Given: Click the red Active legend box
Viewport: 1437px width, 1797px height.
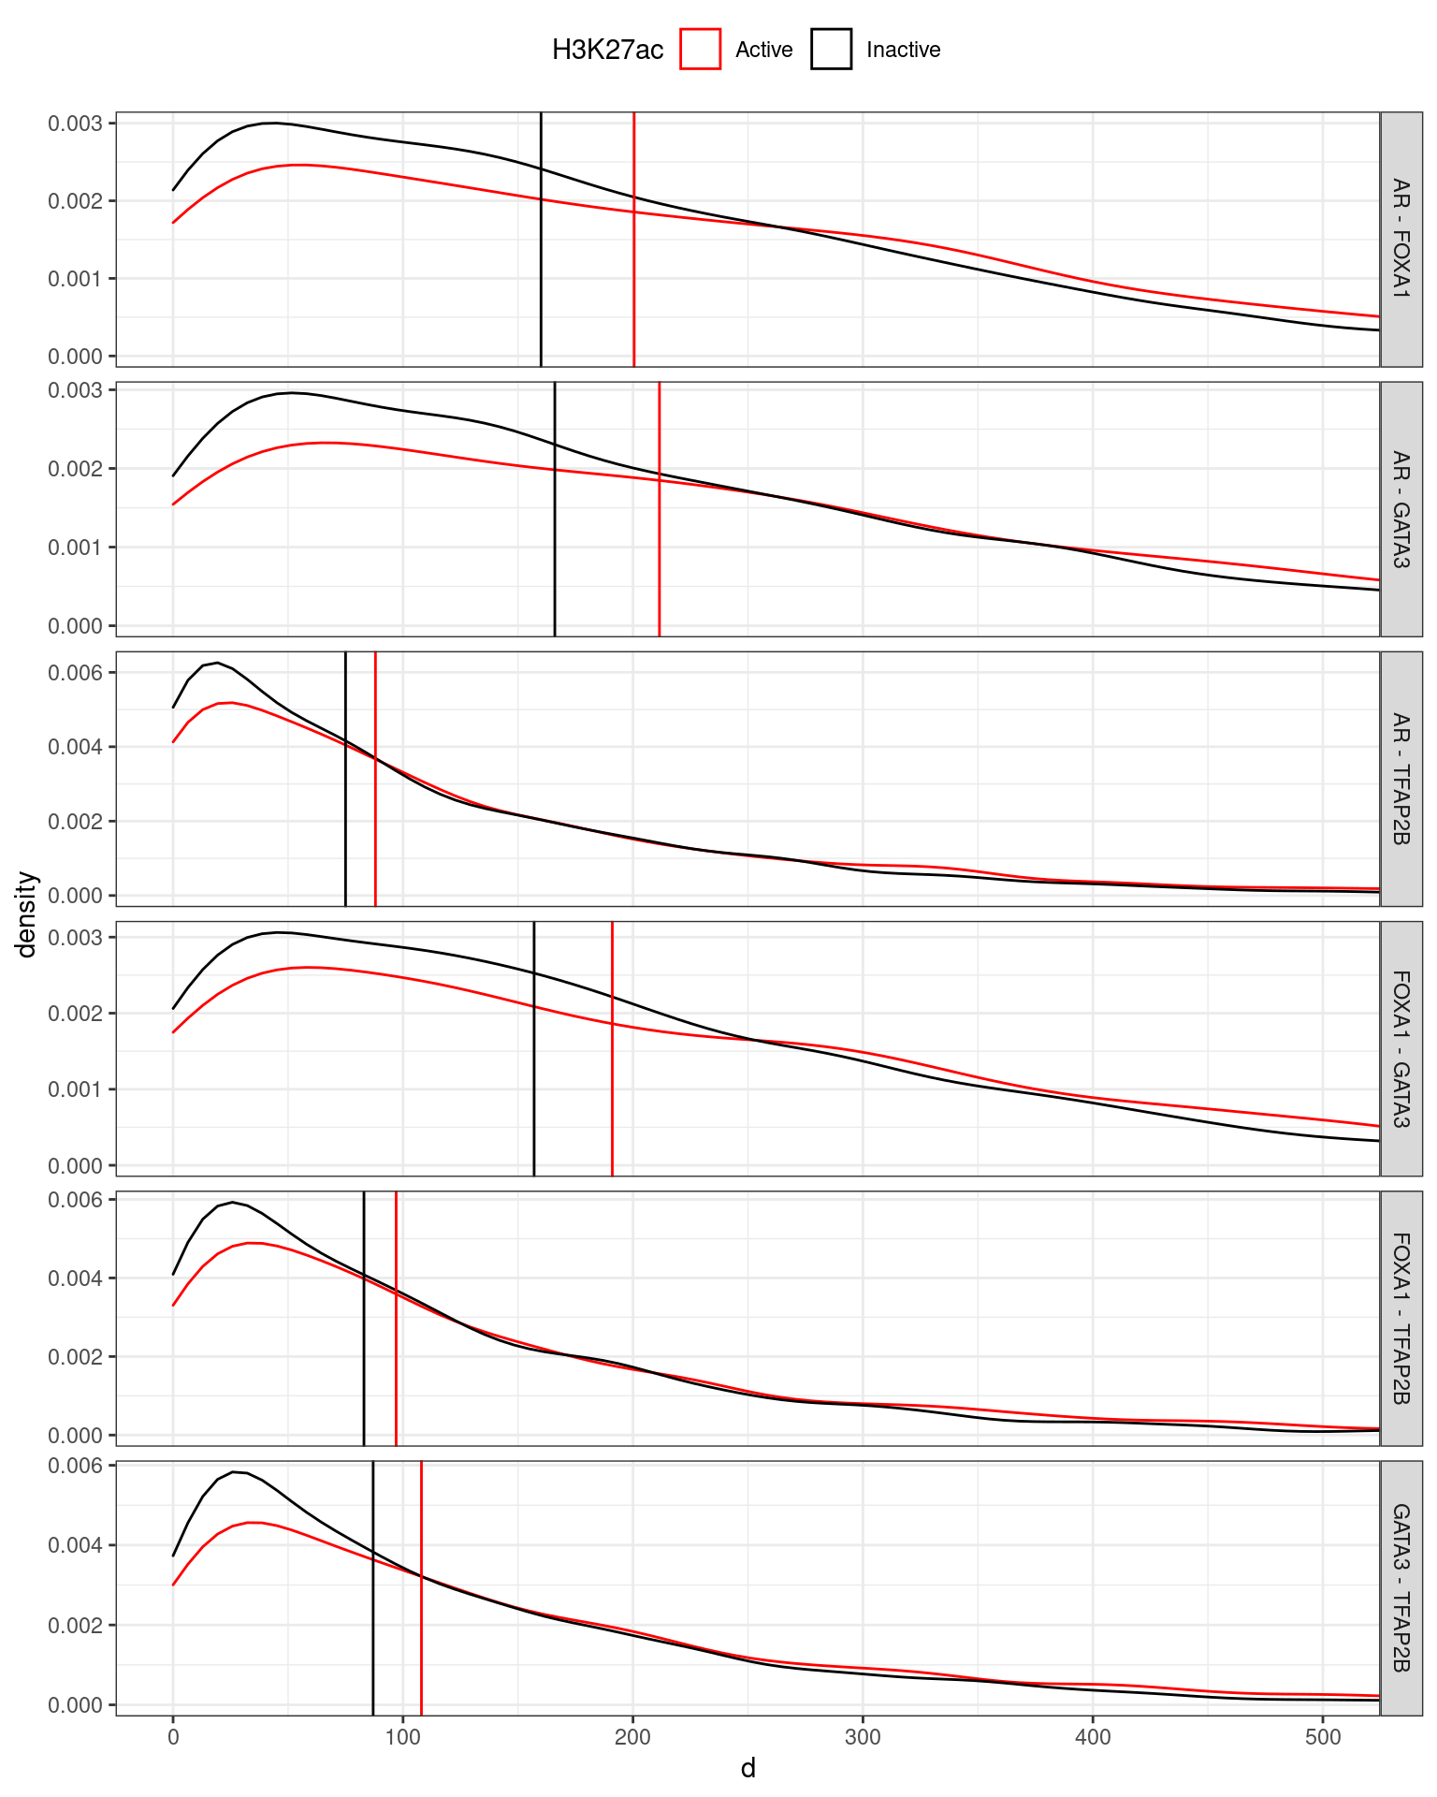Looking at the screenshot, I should [x=700, y=50].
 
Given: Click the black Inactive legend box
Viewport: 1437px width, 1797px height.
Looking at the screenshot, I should [x=831, y=50].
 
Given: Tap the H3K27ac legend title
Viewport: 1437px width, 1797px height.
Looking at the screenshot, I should [x=607, y=50].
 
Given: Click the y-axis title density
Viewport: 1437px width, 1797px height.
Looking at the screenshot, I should [x=27, y=914].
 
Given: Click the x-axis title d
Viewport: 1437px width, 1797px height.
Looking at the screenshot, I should [x=748, y=1768].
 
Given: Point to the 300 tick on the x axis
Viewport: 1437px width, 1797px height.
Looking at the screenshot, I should [x=863, y=1737].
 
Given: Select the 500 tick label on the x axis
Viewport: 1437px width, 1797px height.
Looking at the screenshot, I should [x=1323, y=1737].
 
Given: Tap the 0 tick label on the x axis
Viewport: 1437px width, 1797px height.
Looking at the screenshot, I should [x=173, y=1737].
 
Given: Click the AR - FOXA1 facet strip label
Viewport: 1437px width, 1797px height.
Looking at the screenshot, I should [x=1401, y=239].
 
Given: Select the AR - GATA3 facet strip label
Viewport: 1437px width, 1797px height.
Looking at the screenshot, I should [x=1401, y=509].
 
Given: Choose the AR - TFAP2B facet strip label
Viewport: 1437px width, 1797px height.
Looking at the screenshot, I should [x=1401, y=779].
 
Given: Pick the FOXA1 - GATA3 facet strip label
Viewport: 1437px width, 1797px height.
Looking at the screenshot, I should [x=1401, y=1048].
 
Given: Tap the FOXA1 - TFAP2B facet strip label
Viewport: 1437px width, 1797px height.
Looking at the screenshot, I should [x=1401, y=1318].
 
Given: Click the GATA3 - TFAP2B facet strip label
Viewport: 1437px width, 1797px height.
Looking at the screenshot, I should [x=1401, y=1588].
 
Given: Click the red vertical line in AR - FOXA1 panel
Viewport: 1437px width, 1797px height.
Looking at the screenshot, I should [x=634, y=281].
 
